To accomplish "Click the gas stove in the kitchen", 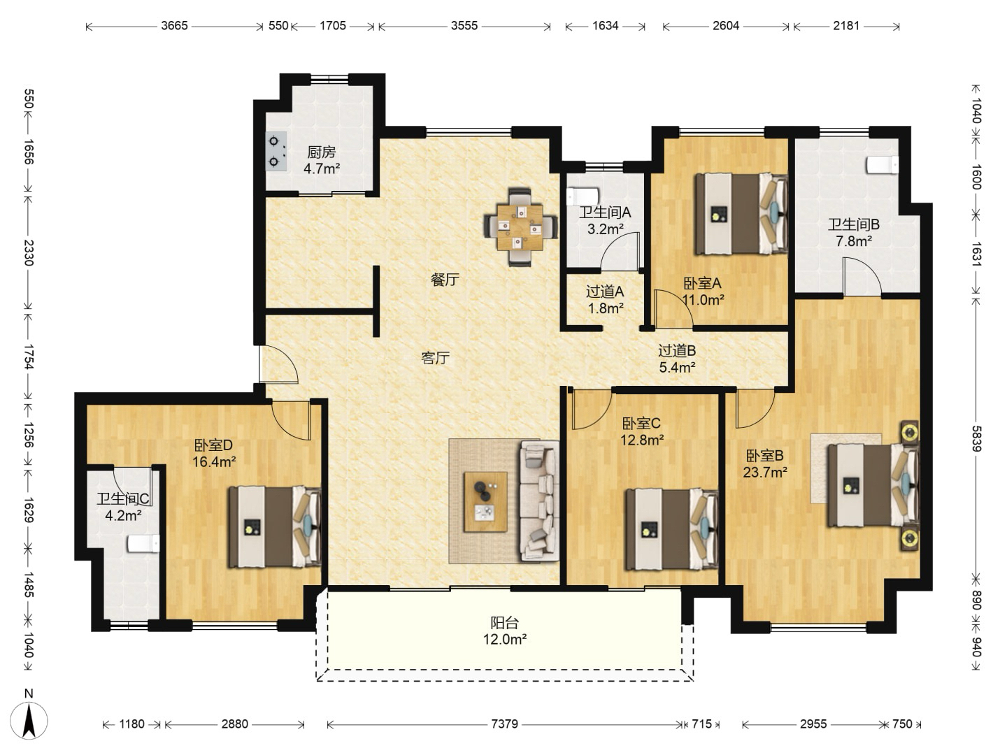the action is (x=276, y=151).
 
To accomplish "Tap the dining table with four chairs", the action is (x=520, y=227).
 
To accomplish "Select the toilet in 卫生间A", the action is (x=583, y=196).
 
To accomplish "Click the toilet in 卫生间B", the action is (x=883, y=165).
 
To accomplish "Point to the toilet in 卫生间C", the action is (x=143, y=544).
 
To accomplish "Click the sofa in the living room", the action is (x=538, y=501).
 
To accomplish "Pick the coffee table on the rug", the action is (x=485, y=501).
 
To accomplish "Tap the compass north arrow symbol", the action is (x=29, y=721).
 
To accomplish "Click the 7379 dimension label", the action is (x=504, y=724).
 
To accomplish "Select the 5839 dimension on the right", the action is (x=976, y=439).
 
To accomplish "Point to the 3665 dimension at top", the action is (x=174, y=26).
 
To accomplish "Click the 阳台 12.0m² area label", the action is (x=504, y=631).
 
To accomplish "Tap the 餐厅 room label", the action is (x=445, y=279).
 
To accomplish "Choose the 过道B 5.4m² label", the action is (x=677, y=359).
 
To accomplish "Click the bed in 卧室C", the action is (x=672, y=529).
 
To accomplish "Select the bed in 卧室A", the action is (x=741, y=214).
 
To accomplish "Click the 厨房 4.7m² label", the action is (x=322, y=160).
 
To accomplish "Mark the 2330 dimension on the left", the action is (x=29, y=252).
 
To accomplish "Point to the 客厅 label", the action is (x=436, y=357).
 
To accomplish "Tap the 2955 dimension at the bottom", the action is (x=813, y=724).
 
